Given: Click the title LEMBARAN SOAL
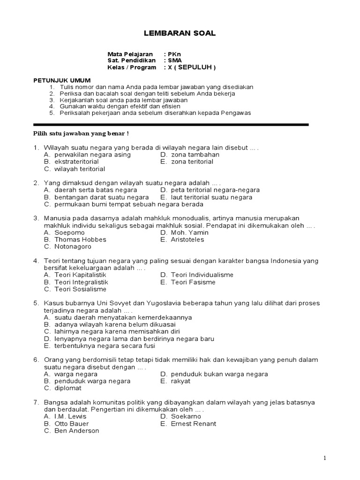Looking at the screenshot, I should coord(179,33).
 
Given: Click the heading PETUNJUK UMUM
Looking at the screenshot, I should coord(62,80).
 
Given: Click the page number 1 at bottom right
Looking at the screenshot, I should coord(324,458).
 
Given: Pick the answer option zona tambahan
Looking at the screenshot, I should coord(195,155).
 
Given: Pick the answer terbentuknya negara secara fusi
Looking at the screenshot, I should coord(105,346).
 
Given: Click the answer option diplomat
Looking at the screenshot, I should coord(67,388).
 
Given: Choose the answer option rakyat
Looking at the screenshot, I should coord(180,381).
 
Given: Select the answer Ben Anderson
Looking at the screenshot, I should coord(76,431).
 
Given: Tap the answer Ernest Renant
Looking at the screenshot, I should coord(193,424).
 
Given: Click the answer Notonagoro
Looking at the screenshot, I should coord(73,247).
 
